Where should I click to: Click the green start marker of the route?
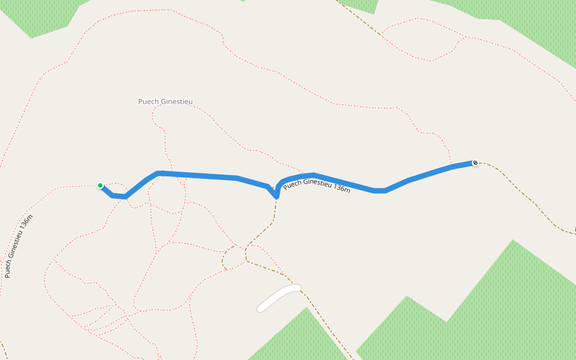(100, 185)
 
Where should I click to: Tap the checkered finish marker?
(475, 163)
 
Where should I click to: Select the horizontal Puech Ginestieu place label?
(166, 102)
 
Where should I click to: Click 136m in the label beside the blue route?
(341, 188)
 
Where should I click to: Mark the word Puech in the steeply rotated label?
(8, 270)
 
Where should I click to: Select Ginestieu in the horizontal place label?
(176, 102)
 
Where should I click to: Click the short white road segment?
(279, 298)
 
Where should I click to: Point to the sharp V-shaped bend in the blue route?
(276, 196)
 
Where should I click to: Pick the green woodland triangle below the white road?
(300, 339)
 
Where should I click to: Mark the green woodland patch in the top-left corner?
(42, 15)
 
